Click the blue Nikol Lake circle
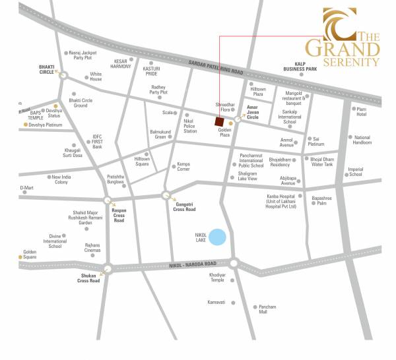(x=217, y=237)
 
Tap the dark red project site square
(x=218, y=121)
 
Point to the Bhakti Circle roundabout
(x=64, y=75)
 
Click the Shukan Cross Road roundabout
(x=108, y=267)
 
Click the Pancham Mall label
(x=267, y=310)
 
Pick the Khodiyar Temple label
(x=217, y=277)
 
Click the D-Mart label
(x=26, y=188)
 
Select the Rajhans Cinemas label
(x=92, y=249)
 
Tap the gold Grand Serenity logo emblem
(x=337, y=24)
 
